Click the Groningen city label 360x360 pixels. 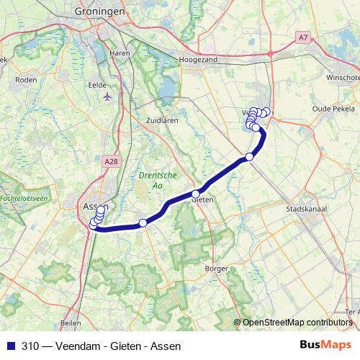click(x=100, y=12)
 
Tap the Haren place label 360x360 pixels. click(x=119, y=53)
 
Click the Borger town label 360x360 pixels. click(x=216, y=268)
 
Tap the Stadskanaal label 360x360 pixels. click(x=307, y=210)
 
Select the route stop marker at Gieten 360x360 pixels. click(x=195, y=194)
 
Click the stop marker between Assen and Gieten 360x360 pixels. click(x=143, y=223)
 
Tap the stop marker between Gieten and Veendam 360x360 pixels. click(x=249, y=157)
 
